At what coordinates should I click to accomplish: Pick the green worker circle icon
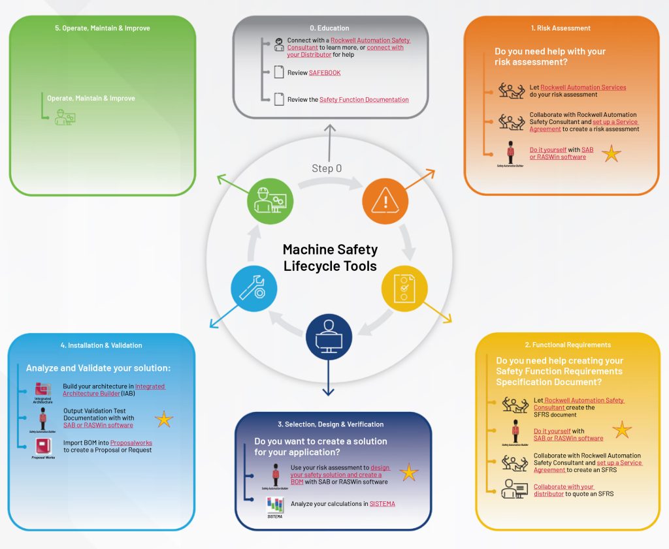click(x=270, y=200)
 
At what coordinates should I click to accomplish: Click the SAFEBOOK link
click(x=325, y=72)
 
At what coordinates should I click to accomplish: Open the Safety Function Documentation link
click(x=364, y=100)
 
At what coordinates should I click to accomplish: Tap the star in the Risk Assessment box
click(x=612, y=154)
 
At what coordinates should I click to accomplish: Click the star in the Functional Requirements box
click(x=622, y=430)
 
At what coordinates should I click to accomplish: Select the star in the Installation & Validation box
click(x=163, y=419)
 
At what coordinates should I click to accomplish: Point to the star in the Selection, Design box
click(x=409, y=473)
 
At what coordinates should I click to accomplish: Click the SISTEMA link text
click(x=382, y=504)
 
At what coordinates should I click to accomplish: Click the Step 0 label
click(x=327, y=168)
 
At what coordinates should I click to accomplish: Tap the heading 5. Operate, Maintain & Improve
click(x=102, y=29)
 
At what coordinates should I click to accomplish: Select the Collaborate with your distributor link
click(x=564, y=490)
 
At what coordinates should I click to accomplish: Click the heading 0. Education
click(x=329, y=28)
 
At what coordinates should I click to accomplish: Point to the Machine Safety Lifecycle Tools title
click(x=330, y=258)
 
